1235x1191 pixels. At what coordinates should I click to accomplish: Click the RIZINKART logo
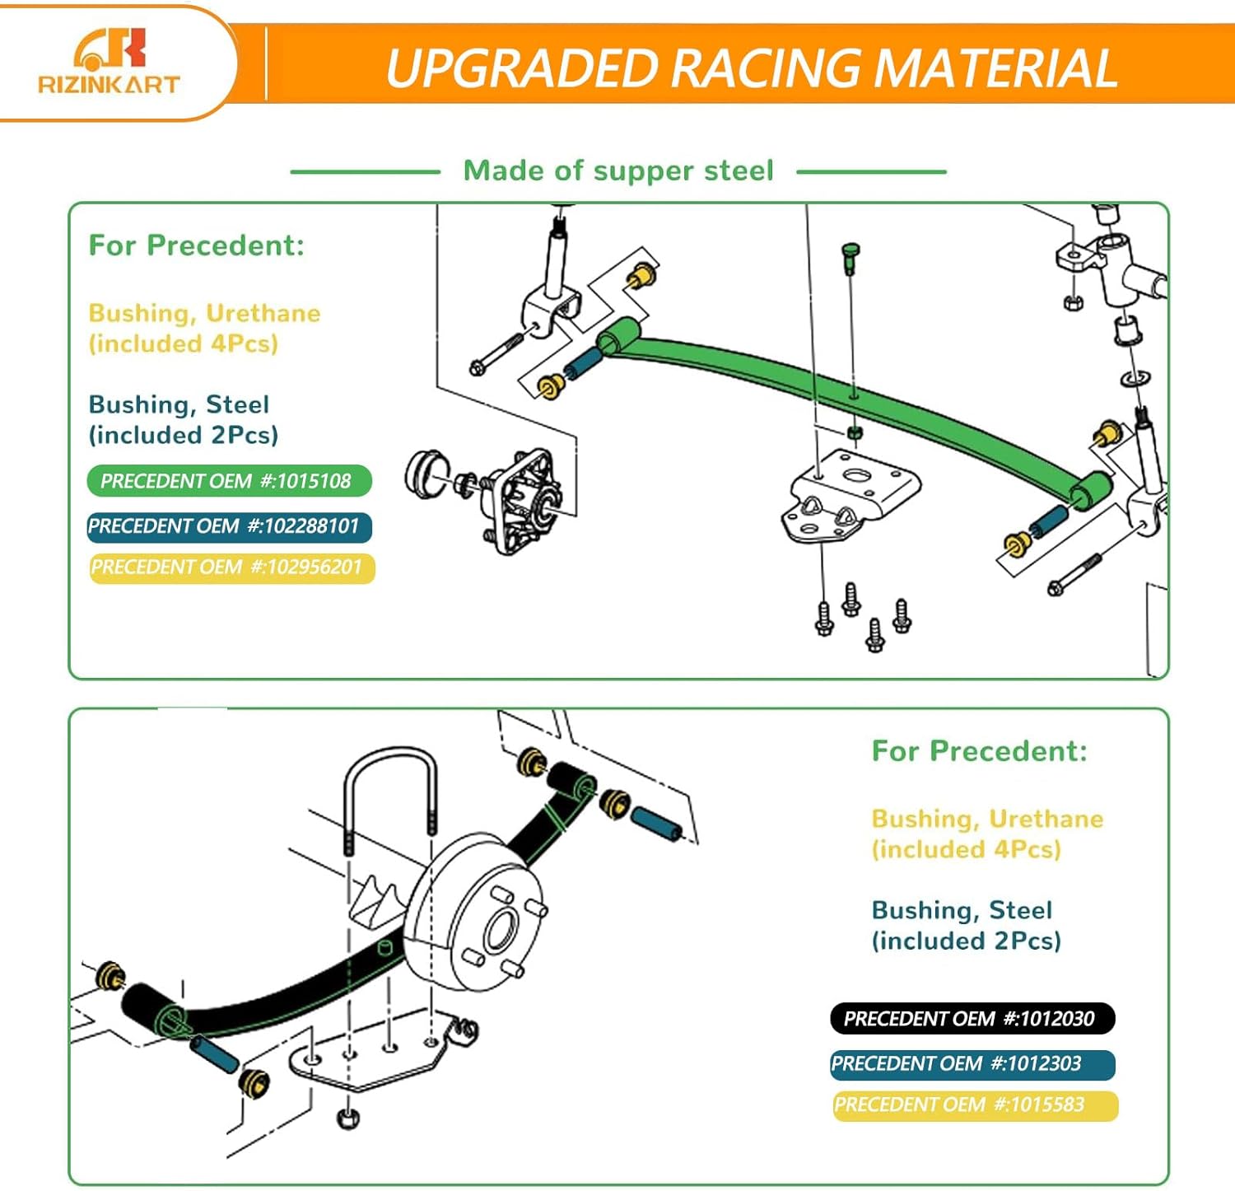(109, 63)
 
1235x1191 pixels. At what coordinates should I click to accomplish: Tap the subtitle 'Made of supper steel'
(618, 170)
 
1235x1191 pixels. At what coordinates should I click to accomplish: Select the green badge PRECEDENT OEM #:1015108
(229, 481)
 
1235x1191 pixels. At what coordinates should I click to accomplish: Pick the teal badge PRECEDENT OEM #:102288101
(229, 526)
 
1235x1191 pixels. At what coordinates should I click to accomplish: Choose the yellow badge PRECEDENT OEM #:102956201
(231, 567)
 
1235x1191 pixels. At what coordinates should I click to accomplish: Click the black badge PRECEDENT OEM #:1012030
(972, 1019)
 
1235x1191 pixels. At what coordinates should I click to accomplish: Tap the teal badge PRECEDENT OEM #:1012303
(972, 1063)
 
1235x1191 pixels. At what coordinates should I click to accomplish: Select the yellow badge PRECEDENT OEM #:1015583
(975, 1105)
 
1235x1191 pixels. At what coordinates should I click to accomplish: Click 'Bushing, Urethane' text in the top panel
(204, 313)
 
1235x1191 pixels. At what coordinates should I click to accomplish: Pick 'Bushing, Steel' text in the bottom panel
(962, 910)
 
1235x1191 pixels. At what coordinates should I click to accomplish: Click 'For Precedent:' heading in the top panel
(196, 245)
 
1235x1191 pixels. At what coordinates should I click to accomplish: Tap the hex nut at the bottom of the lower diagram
(348, 1119)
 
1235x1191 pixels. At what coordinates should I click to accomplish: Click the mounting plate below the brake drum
(370, 1058)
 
